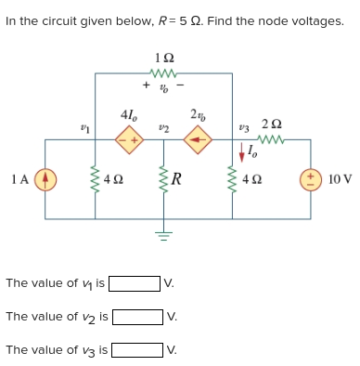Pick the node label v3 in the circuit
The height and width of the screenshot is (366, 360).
(x=243, y=126)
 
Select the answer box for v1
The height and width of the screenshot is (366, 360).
(x=135, y=283)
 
